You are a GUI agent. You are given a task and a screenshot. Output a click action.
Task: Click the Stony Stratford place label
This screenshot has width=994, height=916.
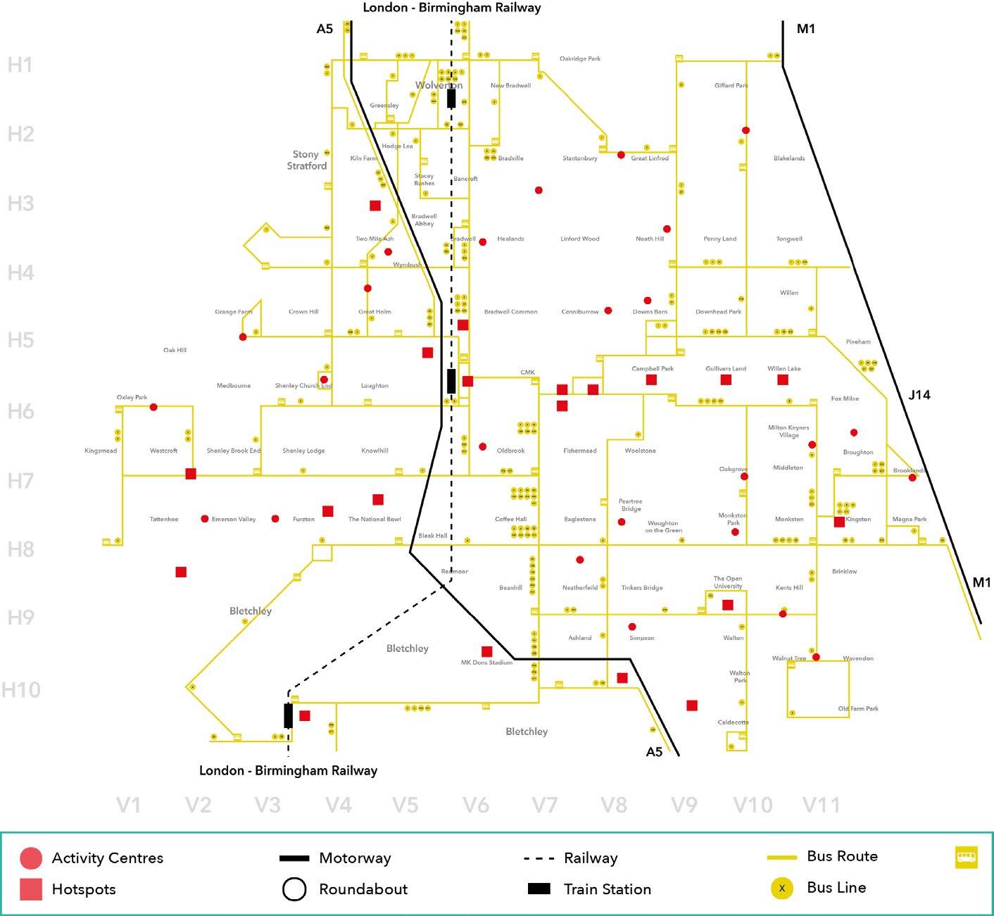(x=306, y=160)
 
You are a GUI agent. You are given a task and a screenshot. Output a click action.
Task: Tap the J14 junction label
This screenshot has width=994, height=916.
(x=919, y=395)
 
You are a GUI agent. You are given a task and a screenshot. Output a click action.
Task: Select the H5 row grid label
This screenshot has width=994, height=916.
(x=20, y=341)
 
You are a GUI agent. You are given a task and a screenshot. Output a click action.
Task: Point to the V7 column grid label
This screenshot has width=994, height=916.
(x=545, y=805)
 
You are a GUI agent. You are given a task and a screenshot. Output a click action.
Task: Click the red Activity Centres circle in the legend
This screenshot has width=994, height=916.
(x=31, y=858)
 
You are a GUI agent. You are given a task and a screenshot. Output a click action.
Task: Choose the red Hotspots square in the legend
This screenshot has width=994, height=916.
(x=31, y=889)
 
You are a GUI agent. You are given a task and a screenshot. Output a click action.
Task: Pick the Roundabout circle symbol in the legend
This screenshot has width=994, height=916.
(x=294, y=889)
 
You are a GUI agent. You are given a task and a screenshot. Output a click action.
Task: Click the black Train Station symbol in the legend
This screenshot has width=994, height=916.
(x=539, y=889)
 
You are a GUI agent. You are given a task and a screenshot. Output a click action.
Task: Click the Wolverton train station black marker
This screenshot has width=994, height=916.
(x=451, y=98)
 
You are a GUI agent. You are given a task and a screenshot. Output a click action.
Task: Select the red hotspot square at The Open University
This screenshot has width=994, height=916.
(x=728, y=605)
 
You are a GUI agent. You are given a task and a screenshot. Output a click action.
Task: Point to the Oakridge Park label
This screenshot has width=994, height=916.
(x=580, y=59)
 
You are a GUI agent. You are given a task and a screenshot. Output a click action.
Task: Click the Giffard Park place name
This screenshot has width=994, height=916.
(x=731, y=86)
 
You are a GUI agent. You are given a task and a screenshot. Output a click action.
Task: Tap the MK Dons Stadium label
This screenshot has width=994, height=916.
(x=486, y=663)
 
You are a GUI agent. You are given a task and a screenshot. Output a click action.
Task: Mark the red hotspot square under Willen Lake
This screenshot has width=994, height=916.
(x=783, y=380)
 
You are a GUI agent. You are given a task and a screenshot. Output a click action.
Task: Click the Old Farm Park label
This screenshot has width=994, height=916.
(x=858, y=709)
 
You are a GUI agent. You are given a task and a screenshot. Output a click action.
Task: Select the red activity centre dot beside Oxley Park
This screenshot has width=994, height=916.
(x=153, y=407)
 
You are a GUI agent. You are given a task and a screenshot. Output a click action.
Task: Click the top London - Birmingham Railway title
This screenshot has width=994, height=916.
(x=452, y=8)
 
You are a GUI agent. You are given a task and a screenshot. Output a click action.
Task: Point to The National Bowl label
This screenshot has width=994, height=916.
(x=375, y=520)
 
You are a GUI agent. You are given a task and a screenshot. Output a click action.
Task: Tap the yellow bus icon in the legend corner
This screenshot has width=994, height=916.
(x=967, y=857)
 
